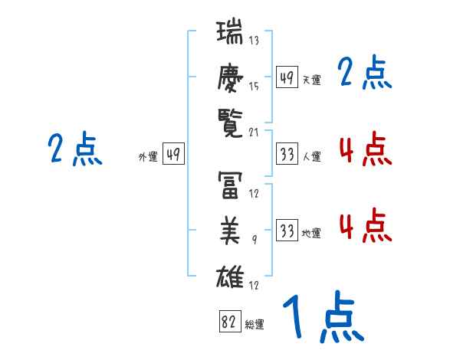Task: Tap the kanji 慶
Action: point(230,78)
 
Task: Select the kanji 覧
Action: point(230,123)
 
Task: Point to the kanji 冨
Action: point(230,185)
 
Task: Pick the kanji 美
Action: point(230,231)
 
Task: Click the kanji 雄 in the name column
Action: point(230,277)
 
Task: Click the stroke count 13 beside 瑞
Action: point(254,40)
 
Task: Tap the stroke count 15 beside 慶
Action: point(254,87)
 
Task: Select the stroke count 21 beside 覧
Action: point(254,133)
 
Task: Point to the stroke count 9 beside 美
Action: point(255,240)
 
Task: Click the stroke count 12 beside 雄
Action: point(254,285)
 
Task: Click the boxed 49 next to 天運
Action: point(287,77)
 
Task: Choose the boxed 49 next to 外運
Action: point(173,153)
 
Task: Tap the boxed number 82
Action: point(230,321)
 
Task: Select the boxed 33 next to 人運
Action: point(287,153)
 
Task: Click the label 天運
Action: point(311,80)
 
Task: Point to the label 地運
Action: point(311,233)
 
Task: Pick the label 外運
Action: point(148,157)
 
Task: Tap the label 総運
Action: point(255,325)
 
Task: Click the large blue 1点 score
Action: point(324,316)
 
